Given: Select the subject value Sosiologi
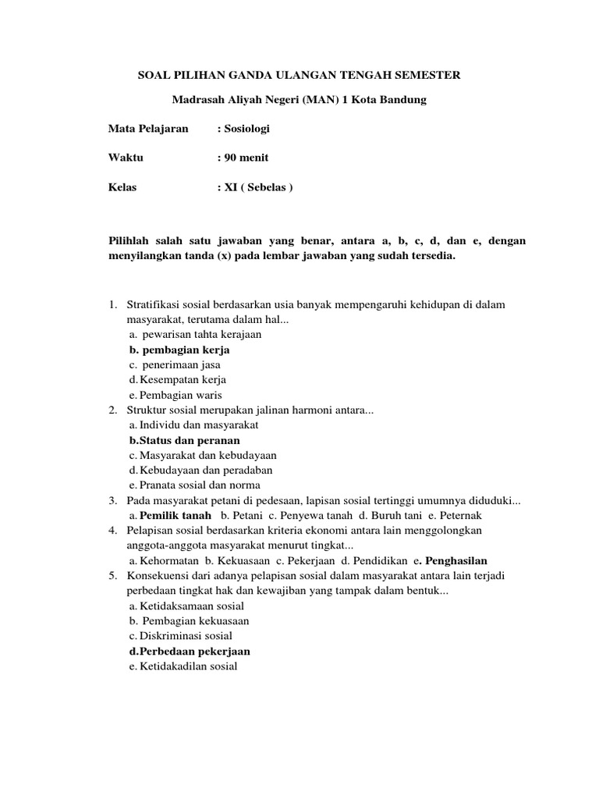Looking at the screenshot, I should pyautogui.click(x=246, y=129).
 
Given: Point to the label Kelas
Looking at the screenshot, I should pyautogui.click(x=123, y=186).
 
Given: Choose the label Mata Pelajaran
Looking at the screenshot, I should pyautogui.click(x=148, y=129).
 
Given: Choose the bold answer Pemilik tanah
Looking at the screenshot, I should pyautogui.click(x=175, y=516).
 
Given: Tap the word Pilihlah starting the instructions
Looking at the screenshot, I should pyautogui.click(x=129, y=241).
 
